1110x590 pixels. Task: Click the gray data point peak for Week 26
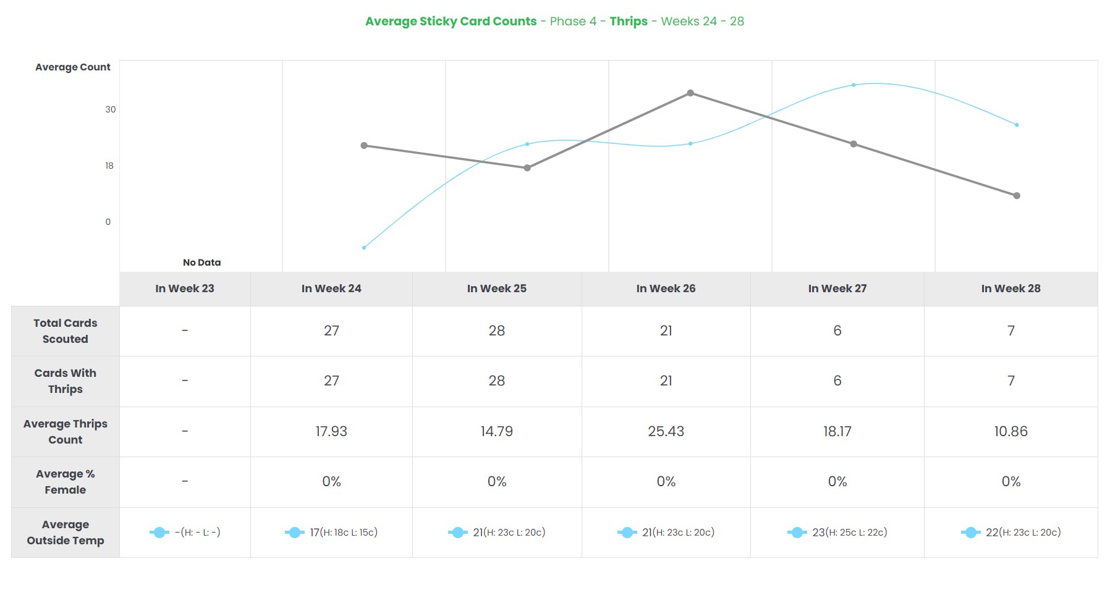click(690, 93)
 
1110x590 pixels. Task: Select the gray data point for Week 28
click(1017, 196)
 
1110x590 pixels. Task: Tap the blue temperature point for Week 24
click(364, 248)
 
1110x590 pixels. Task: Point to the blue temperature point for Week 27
click(854, 85)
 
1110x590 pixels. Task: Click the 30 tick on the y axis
click(111, 109)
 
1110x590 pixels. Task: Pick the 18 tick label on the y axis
click(109, 166)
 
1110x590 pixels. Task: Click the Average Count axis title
click(73, 67)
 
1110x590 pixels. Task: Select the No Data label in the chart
click(201, 262)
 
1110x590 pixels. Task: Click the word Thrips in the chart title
click(628, 21)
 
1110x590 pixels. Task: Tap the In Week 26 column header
click(666, 289)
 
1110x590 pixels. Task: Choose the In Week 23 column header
click(185, 289)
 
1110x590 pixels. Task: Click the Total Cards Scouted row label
click(65, 331)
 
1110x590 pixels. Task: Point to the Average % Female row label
click(65, 482)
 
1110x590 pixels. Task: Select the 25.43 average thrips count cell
click(666, 431)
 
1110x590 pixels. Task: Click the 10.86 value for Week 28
click(1010, 431)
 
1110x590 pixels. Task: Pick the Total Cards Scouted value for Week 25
click(496, 331)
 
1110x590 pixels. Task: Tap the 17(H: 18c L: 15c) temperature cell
click(344, 533)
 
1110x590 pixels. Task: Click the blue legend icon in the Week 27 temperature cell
click(797, 533)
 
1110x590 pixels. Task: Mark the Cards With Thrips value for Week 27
click(837, 381)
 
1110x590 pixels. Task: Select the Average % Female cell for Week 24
click(331, 481)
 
